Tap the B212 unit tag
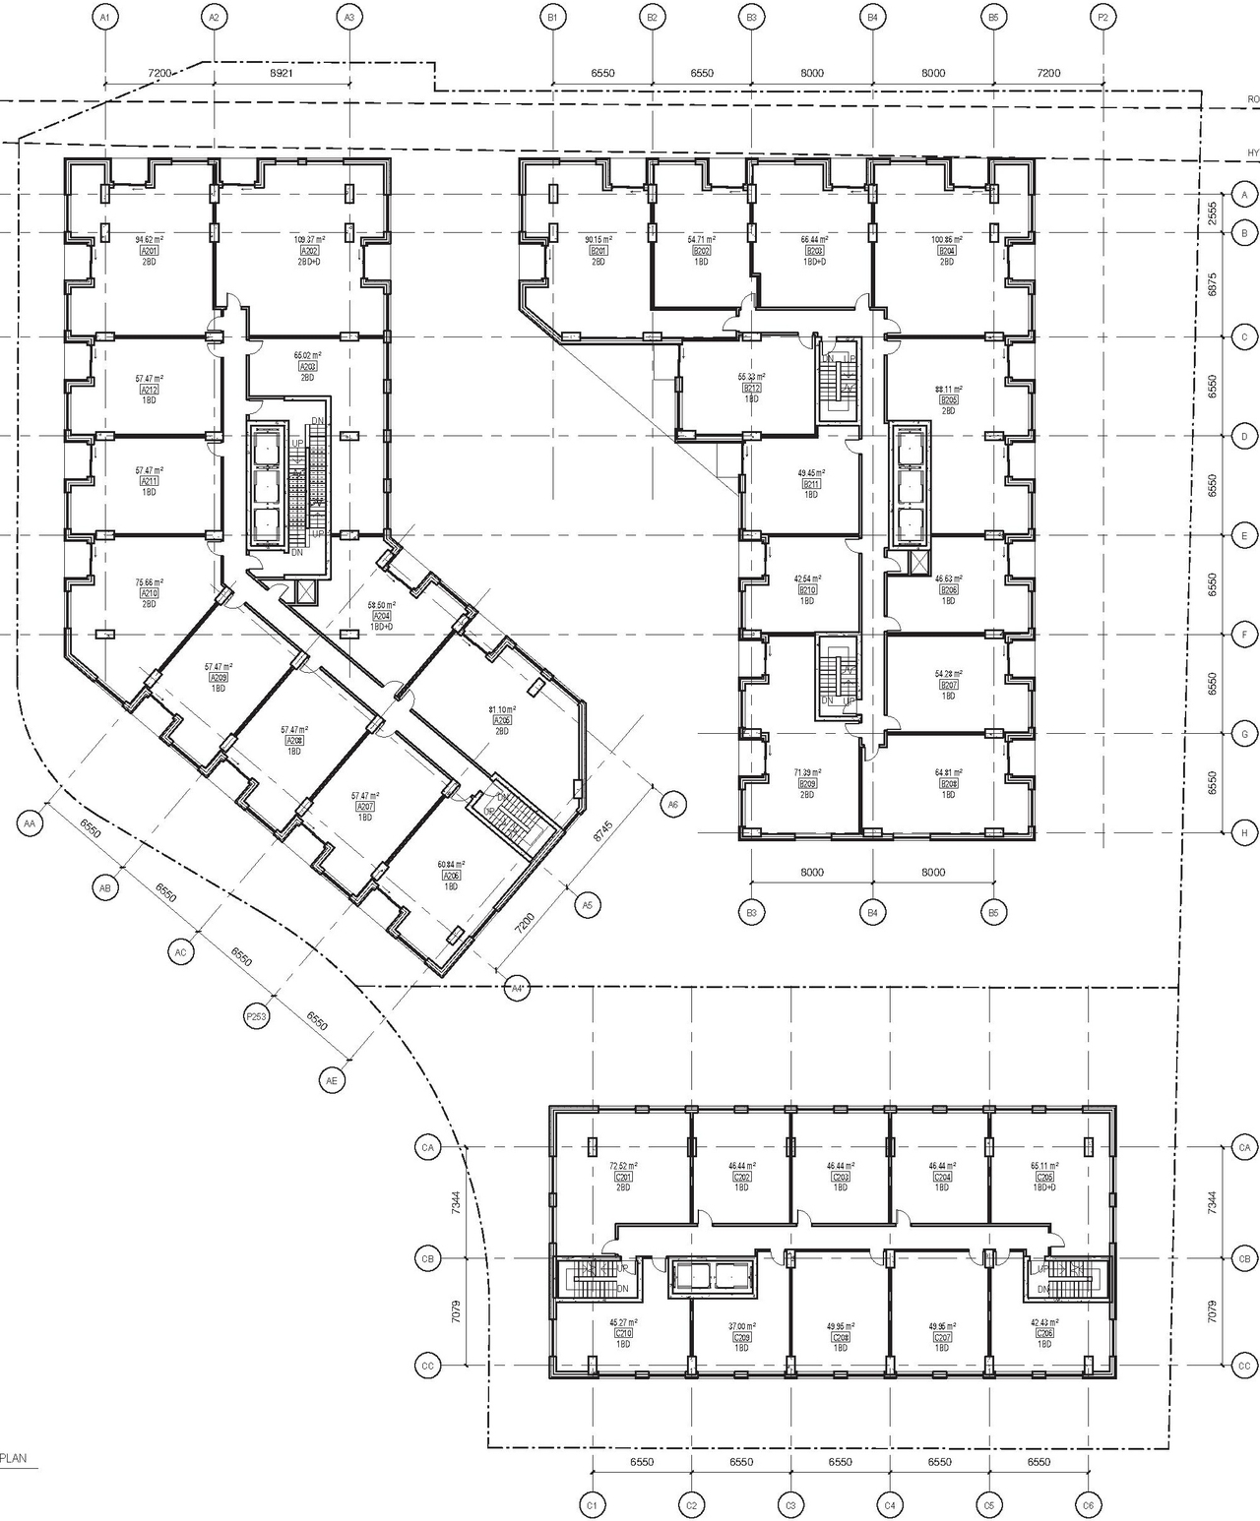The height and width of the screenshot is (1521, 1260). (x=752, y=389)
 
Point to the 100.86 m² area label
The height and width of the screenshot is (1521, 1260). (x=948, y=239)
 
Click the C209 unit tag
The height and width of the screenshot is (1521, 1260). (x=741, y=1337)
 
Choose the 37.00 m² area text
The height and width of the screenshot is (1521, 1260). (x=741, y=1326)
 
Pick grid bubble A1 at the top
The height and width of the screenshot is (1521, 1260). (x=104, y=17)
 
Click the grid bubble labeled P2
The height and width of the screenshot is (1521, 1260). (x=1103, y=17)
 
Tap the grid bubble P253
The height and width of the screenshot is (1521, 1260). (x=256, y=1016)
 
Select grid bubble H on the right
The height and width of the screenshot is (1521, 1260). (x=1244, y=832)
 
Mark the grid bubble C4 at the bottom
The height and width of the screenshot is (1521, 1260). (x=890, y=1505)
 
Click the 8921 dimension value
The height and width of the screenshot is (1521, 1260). (x=281, y=73)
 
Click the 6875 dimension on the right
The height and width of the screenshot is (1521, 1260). (x=1213, y=285)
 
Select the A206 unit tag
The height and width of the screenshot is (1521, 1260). (x=451, y=876)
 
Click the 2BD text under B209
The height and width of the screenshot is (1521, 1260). (x=807, y=794)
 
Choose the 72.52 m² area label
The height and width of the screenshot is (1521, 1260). (x=622, y=1166)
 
